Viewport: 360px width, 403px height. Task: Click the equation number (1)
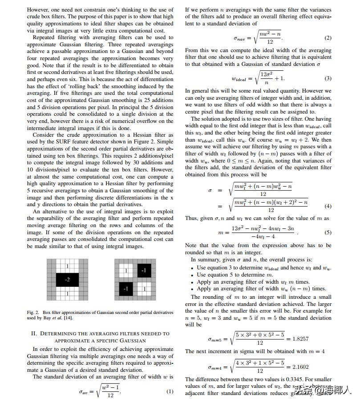[x=170, y=392]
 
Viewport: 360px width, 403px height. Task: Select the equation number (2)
[x=328, y=38]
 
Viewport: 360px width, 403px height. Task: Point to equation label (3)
[x=328, y=78]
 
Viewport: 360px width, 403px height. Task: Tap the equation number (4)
[x=328, y=206]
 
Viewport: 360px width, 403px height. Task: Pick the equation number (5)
[x=328, y=232]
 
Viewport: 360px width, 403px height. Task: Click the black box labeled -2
[x=67, y=280]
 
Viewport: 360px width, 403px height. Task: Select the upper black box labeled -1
[x=143, y=270]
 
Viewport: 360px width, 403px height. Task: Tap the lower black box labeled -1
[x=125, y=289]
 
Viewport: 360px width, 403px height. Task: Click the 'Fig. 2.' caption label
[x=33, y=313]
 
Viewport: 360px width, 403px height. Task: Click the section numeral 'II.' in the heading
[x=34, y=334]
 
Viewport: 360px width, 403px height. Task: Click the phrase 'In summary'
[x=204, y=260]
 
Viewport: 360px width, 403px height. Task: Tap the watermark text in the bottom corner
[x=327, y=391]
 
